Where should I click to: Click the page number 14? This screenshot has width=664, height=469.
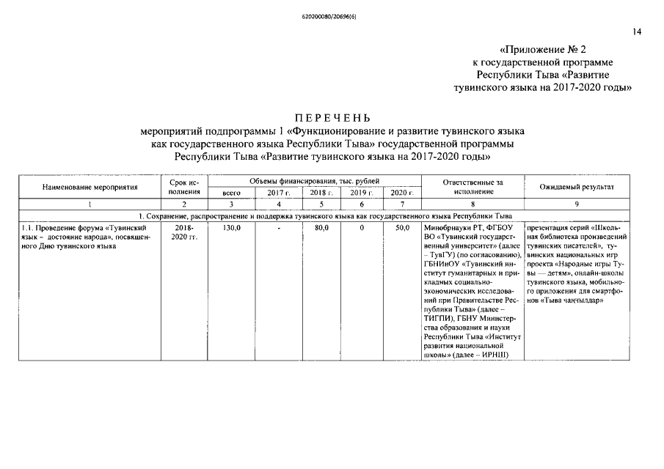coord(636,32)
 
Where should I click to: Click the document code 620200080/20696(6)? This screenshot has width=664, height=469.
coord(332,15)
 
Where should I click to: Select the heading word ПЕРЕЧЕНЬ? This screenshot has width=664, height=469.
coord(332,118)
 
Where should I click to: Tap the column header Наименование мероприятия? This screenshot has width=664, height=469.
coord(90,187)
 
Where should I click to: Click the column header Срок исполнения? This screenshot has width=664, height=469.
coord(184,186)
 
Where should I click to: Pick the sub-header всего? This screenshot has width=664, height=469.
coord(232,193)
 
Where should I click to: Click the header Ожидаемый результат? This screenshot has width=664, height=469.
coord(577,187)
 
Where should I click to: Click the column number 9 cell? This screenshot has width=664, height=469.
coord(577,204)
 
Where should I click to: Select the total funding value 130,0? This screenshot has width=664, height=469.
coord(232,228)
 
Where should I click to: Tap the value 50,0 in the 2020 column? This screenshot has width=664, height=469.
coord(401,228)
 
